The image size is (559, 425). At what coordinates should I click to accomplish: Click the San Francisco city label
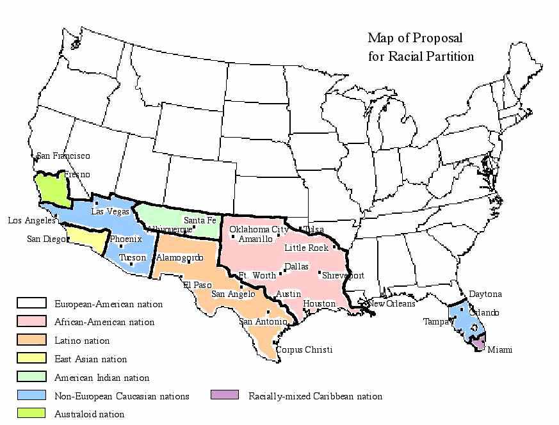tap(63, 156)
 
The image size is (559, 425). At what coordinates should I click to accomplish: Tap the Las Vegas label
tap(109, 211)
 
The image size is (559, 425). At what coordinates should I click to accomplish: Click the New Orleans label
tap(393, 304)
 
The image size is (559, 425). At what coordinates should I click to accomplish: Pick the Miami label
tap(499, 350)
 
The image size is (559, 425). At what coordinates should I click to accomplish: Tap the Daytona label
tap(485, 294)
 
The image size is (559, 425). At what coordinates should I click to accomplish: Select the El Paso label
tap(197, 285)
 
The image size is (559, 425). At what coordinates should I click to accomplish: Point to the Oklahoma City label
tap(259, 229)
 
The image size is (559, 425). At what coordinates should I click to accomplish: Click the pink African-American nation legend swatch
tap(31, 321)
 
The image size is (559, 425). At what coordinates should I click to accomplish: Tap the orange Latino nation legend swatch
tap(31, 340)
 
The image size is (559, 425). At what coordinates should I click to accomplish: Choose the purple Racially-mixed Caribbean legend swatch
tap(224, 395)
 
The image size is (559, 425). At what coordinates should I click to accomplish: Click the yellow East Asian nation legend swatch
tap(31, 358)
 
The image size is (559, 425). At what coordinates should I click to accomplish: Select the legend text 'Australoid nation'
tap(89, 414)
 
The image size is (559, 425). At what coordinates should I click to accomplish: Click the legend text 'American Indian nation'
tap(102, 378)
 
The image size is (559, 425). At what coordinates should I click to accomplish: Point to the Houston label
tap(319, 303)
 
